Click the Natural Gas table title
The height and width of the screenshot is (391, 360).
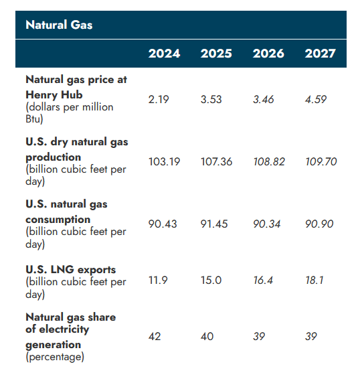pyautogui.click(x=59, y=25)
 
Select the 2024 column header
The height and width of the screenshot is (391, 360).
pyautogui.click(x=164, y=54)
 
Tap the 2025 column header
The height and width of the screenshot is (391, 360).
pyautogui.click(x=216, y=54)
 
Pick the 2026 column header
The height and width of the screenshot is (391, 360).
pyautogui.click(x=268, y=54)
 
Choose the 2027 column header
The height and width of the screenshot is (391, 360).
pyautogui.click(x=321, y=54)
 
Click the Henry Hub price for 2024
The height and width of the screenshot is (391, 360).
pyautogui.click(x=159, y=99)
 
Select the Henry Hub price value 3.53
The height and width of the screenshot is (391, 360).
pyautogui.click(x=211, y=99)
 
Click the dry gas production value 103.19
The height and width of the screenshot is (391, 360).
pyautogui.click(x=164, y=161)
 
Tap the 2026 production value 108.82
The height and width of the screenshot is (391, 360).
pyautogui.click(x=269, y=161)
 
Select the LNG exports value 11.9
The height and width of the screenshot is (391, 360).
pyautogui.click(x=159, y=280)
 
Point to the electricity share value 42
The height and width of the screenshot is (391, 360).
pyautogui.click(x=155, y=336)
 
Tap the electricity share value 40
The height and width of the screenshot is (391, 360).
pyautogui.click(x=207, y=336)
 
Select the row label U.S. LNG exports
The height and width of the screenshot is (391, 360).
pyautogui.click(x=70, y=269)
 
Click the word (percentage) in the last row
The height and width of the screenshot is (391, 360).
pyautogui.click(x=55, y=357)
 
